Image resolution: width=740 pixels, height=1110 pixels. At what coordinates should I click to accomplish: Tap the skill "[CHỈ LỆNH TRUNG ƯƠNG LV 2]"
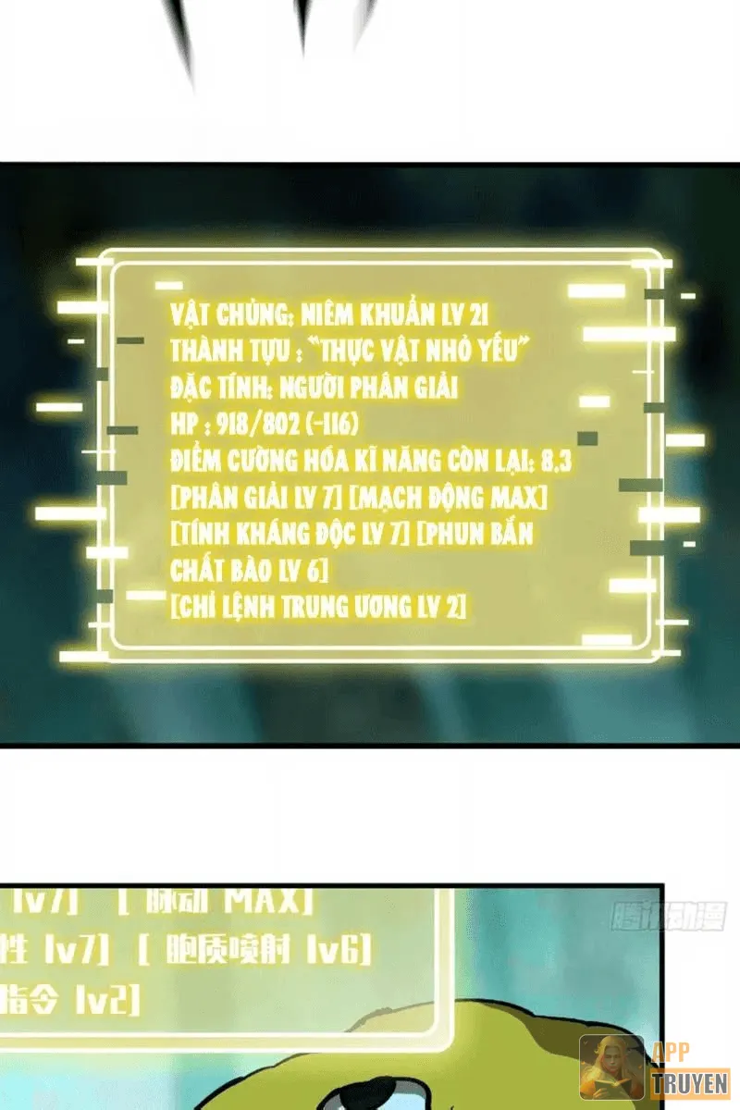(x=319, y=607)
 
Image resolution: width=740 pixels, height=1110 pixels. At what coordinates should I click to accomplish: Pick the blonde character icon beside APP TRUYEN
(x=611, y=1067)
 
